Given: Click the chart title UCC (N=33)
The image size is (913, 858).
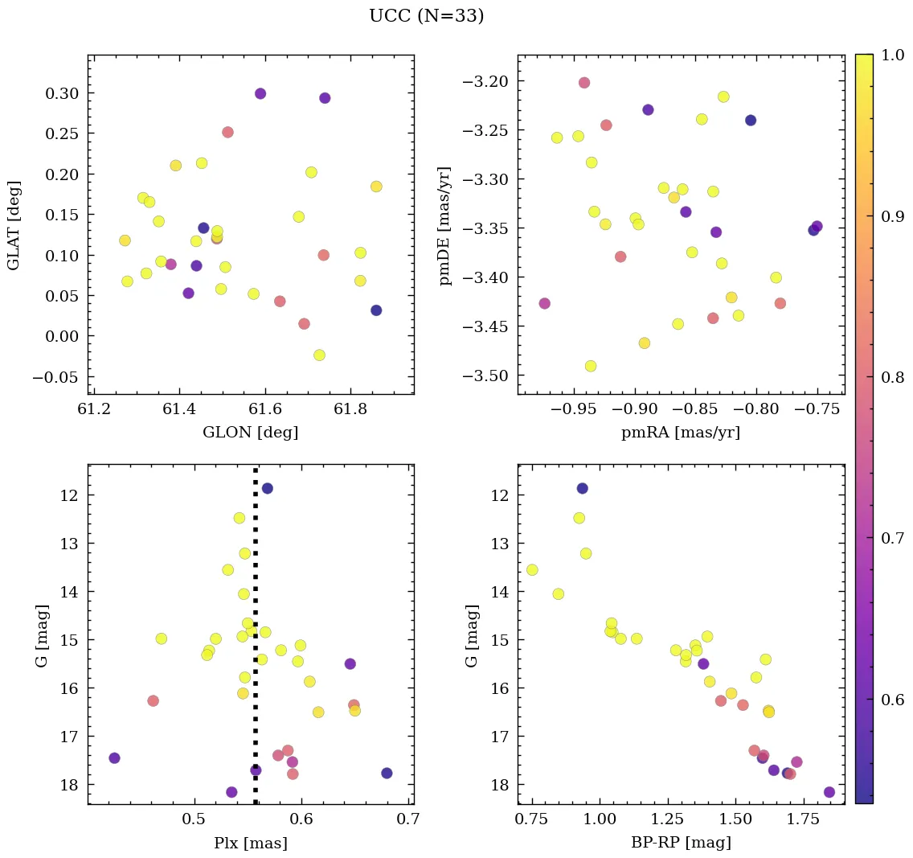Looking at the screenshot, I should pos(426,16).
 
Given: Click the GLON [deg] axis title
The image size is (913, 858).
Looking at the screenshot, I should pos(251,433).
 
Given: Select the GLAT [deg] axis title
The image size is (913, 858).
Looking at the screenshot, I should pos(14,225).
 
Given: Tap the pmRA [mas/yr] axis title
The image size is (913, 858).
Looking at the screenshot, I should pos(681,433).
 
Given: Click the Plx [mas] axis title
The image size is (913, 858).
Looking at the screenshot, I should pos(251,843).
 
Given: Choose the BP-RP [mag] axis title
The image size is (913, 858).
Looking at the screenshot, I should pos(681,843).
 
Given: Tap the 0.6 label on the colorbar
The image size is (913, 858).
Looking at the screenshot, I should pos(892,699).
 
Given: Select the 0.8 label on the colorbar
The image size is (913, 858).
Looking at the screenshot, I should pos(892,378).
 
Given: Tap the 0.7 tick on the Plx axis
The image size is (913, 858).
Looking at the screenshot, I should pos(407,820).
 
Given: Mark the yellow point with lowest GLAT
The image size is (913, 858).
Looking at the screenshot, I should pos(319,355).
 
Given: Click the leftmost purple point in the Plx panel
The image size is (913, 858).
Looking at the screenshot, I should pos(114,758).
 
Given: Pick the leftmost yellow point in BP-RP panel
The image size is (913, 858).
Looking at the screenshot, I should pos(532,570).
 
